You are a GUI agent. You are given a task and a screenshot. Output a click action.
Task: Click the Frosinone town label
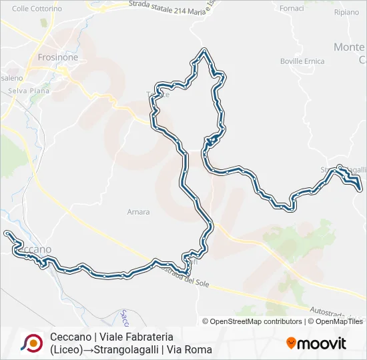pos(58,58)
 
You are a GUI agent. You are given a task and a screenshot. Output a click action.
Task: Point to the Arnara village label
pos(138,212)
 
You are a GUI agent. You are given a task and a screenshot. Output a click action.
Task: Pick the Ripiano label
pos(346,13)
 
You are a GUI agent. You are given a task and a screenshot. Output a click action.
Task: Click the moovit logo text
pos(323,343)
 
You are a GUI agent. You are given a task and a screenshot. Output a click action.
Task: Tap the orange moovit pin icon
pos(292,343)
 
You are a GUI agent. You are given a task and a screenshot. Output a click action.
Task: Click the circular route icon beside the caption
pos(31,343)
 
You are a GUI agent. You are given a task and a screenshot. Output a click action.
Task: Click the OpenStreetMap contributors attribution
pos(256,321)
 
